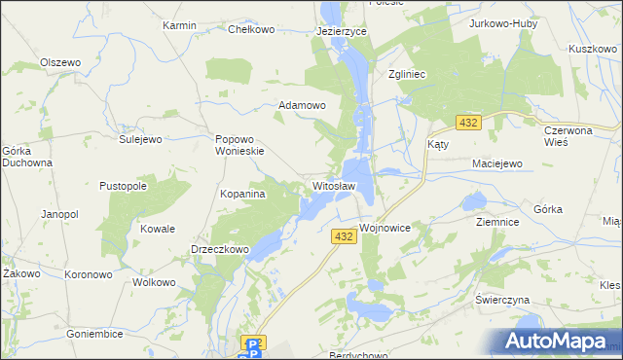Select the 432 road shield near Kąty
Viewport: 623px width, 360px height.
tap(468, 123)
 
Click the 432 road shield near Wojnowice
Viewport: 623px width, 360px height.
tap(343, 236)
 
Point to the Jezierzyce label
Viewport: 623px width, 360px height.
tap(341, 31)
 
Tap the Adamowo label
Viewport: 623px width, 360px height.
tap(302, 104)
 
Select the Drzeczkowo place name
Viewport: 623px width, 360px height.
tap(220, 250)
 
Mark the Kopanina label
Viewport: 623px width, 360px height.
tap(243, 195)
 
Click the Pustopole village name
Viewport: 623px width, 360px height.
tap(124, 185)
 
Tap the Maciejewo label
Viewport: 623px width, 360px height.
tap(497, 163)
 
